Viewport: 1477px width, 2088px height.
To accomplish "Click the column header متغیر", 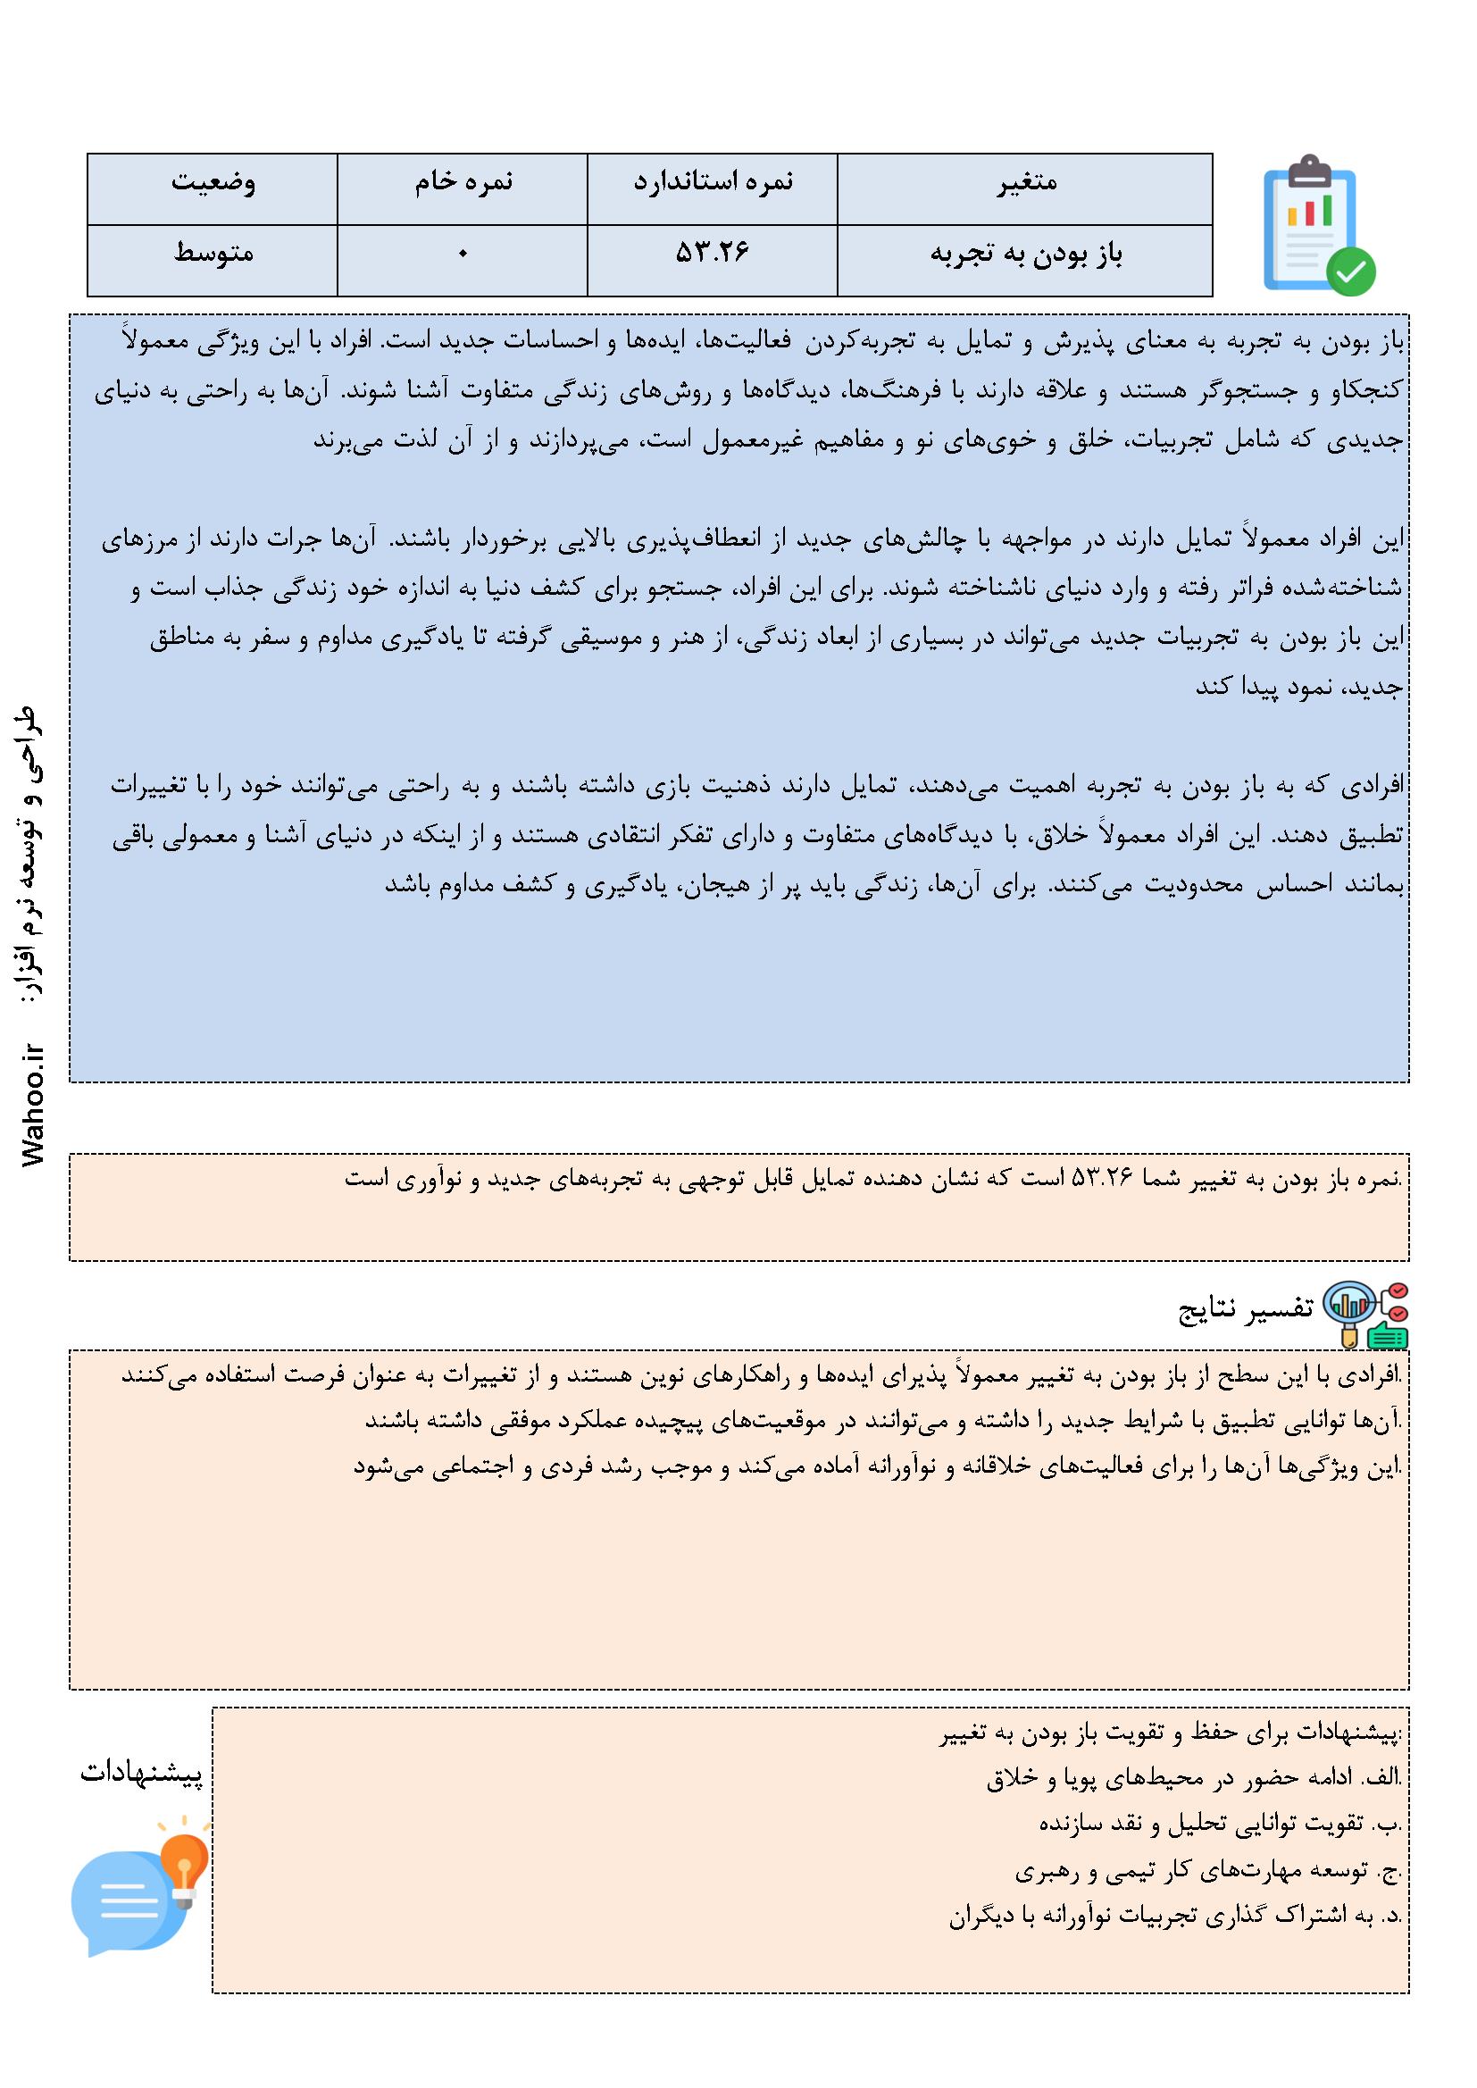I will [x=1027, y=182].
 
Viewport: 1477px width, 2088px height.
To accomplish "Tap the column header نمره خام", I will [x=463, y=182].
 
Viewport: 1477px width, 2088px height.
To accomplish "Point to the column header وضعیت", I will [x=213, y=182].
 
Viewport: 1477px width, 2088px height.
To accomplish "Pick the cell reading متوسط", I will [x=213, y=254].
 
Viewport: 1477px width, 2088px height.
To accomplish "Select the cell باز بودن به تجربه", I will [x=1027, y=254].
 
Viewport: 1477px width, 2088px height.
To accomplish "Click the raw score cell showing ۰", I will [x=463, y=254].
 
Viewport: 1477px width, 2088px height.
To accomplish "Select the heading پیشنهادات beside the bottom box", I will [x=142, y=1774].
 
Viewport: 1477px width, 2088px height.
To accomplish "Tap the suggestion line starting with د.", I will [x=1175, y=1917].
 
